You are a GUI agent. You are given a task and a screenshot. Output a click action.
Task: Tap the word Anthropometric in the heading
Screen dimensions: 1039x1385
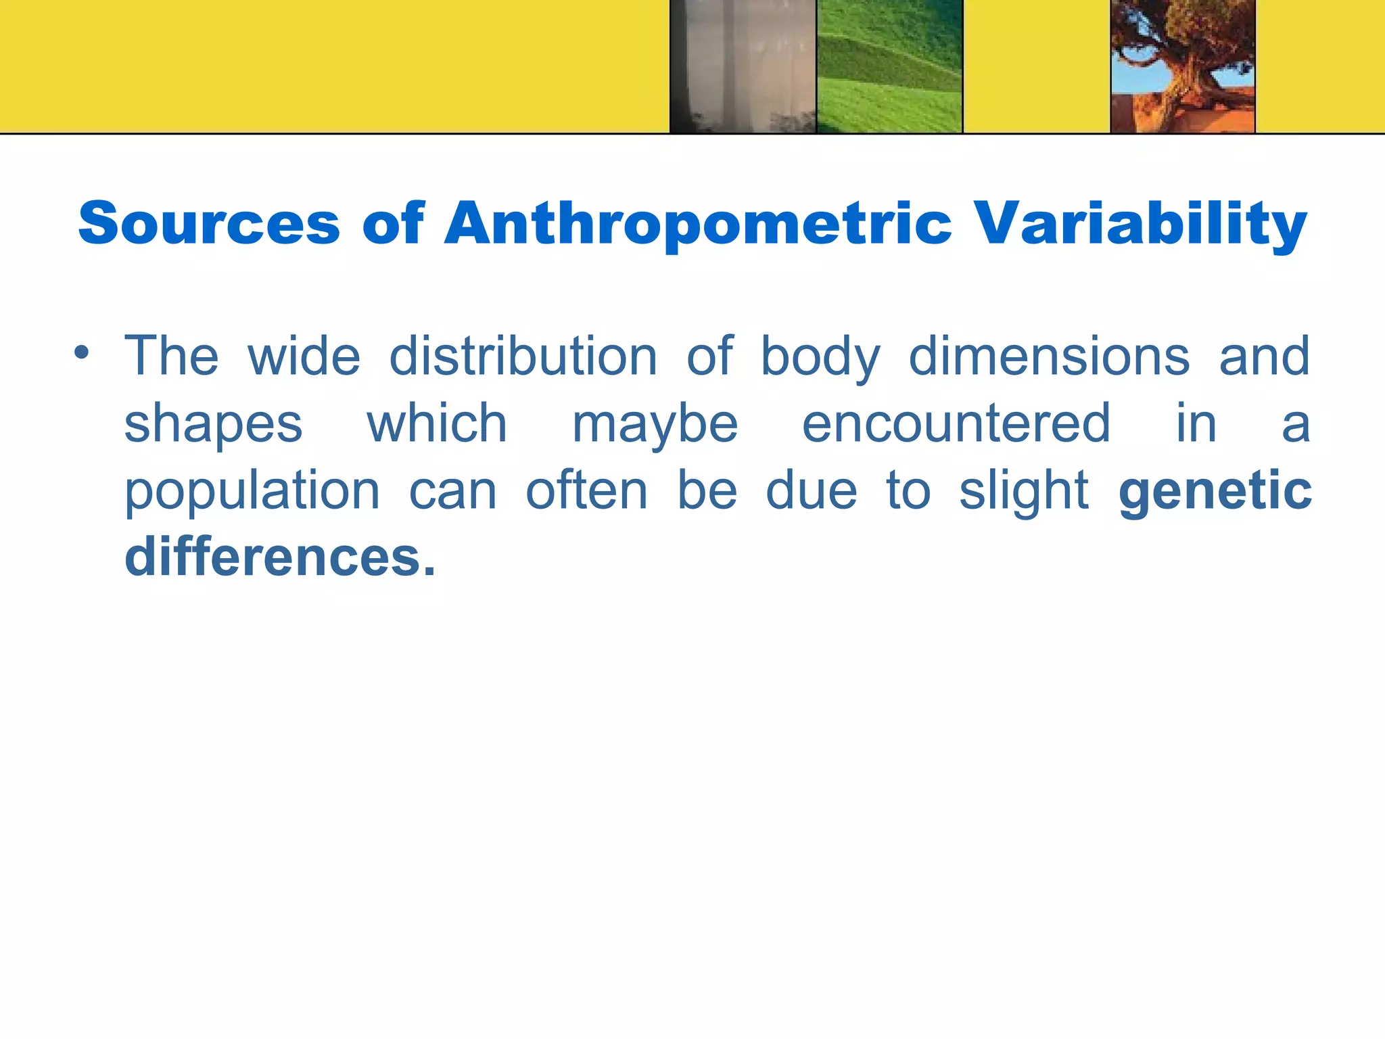coord(698,225)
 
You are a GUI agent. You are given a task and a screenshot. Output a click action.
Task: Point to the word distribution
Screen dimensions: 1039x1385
coord(523,356)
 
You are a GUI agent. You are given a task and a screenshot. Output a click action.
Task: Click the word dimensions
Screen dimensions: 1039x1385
coord(1049,356)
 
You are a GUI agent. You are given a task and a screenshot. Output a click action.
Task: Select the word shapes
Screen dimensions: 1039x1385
coord(214,425)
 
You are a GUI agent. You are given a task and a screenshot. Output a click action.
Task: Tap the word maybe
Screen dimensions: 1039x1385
coord(655,425)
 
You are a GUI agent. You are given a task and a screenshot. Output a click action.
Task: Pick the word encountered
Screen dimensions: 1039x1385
coord(956,423)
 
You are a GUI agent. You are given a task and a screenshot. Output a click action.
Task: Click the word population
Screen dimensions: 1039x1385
coord(252,492)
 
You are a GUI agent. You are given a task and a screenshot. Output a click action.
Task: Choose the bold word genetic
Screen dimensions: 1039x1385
coord(1215,492)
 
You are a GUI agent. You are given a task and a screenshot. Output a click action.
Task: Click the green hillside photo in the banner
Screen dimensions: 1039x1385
coord(889,66)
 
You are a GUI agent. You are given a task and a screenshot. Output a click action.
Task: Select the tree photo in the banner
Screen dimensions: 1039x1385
coord(1183,66)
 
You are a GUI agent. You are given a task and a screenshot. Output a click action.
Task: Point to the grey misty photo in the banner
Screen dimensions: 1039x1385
coord(743,66)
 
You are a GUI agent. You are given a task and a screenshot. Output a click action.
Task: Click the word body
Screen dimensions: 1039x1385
coord(821,357)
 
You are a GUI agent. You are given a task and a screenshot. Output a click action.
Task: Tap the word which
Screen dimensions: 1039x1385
coord(437,423)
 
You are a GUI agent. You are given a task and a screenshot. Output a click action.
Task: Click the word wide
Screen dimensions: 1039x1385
coord(304,356)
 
